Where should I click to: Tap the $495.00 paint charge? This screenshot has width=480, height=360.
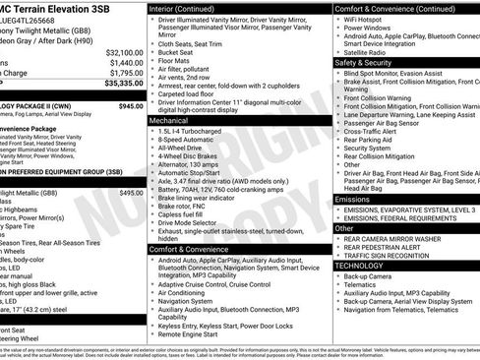tap(130, 193)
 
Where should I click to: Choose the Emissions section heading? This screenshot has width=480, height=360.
tap(353, 200)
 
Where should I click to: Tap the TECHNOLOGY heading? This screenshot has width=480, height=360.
tap(359, 266)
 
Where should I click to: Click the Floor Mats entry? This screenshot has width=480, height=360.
tap(177, 61)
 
